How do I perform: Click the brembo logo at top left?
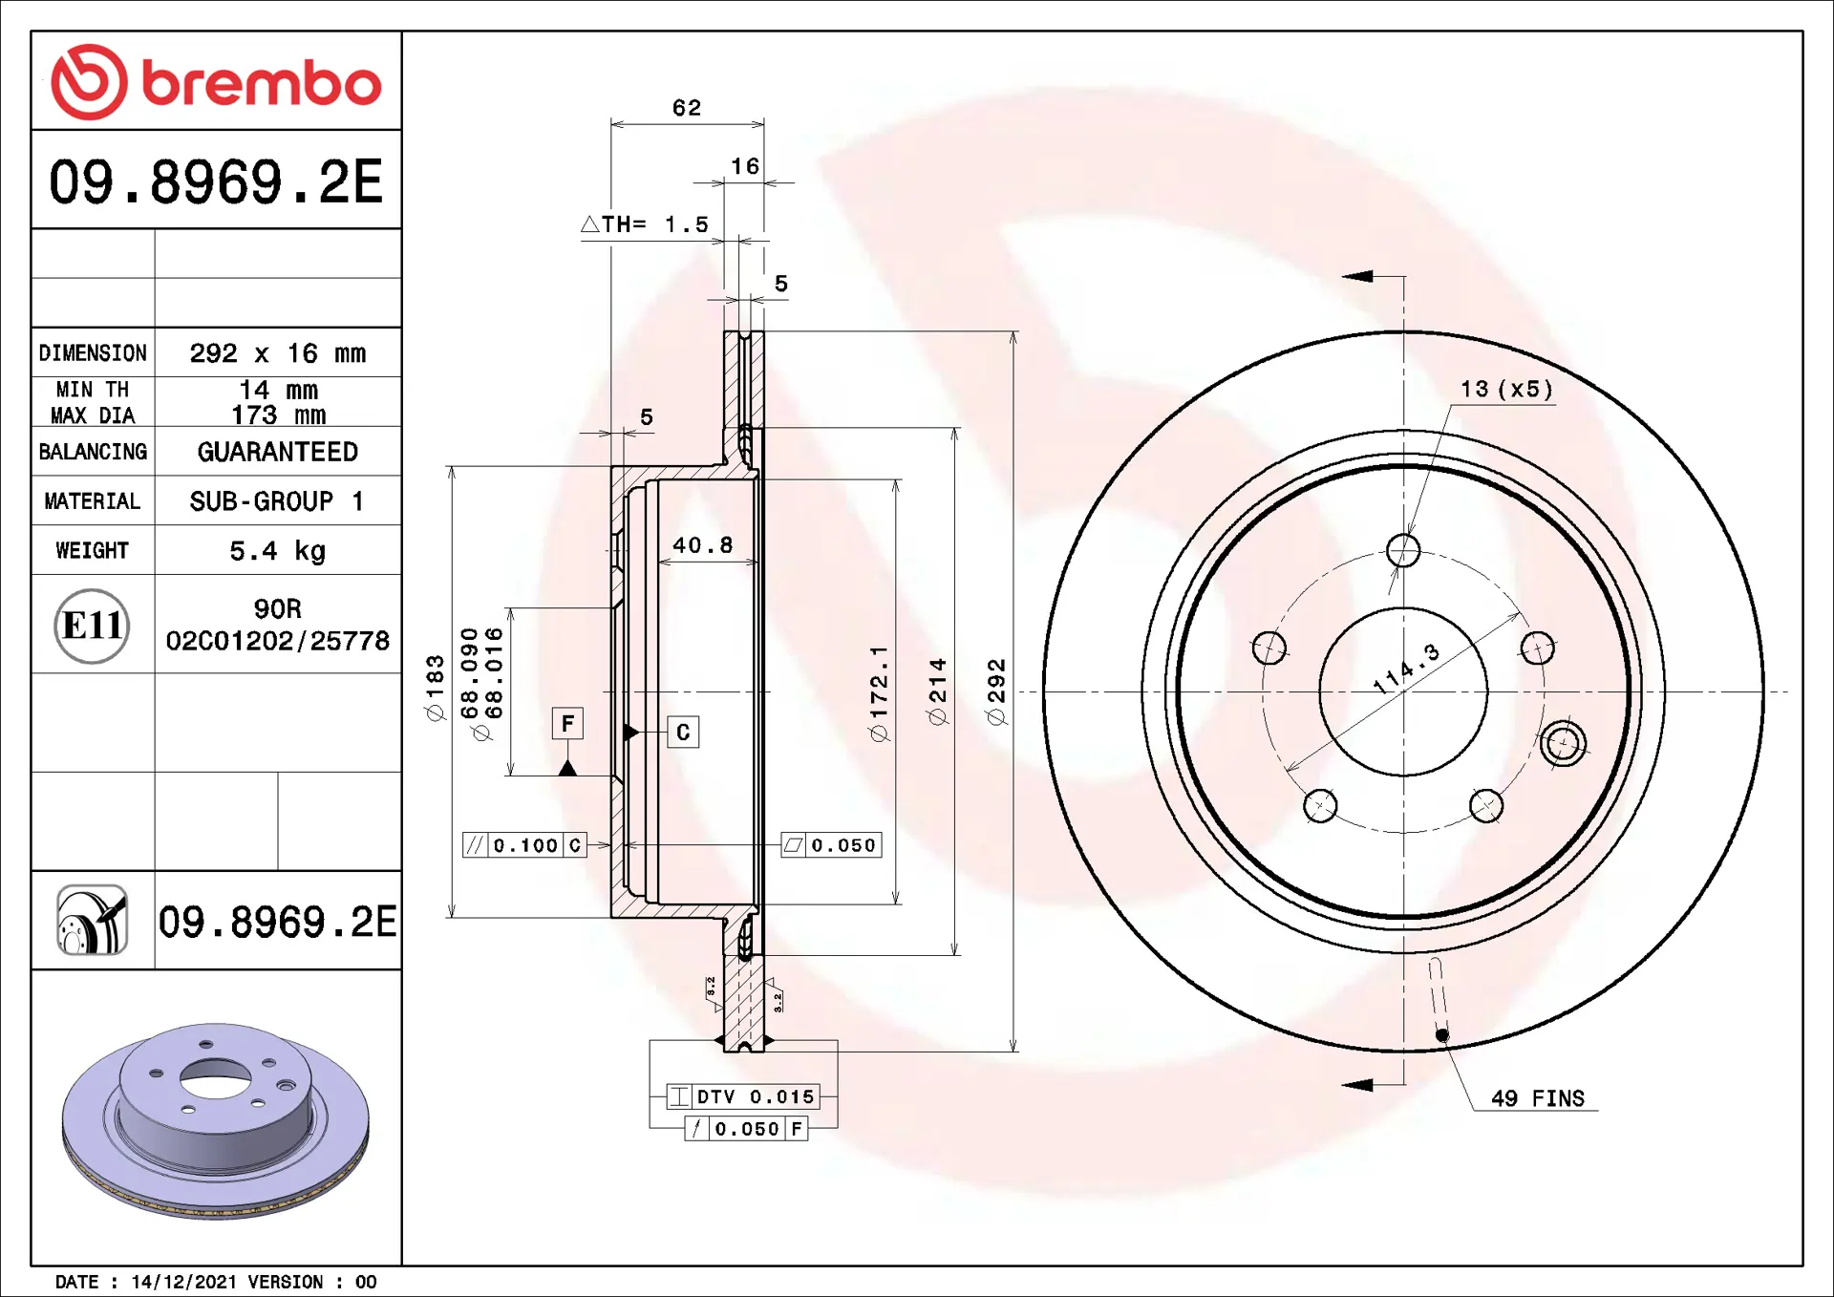point(216,82)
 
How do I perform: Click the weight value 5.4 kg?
point(278,551)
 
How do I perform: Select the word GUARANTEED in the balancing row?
point(278,452)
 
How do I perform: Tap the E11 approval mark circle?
point(92,626)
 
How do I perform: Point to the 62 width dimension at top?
point(687,108)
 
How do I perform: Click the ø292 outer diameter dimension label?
point(996,691)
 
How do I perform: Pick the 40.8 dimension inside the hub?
point(703,545)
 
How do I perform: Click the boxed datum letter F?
point(567,723)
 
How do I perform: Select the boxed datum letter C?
point(683,732)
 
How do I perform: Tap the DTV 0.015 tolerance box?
point(743,1096)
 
